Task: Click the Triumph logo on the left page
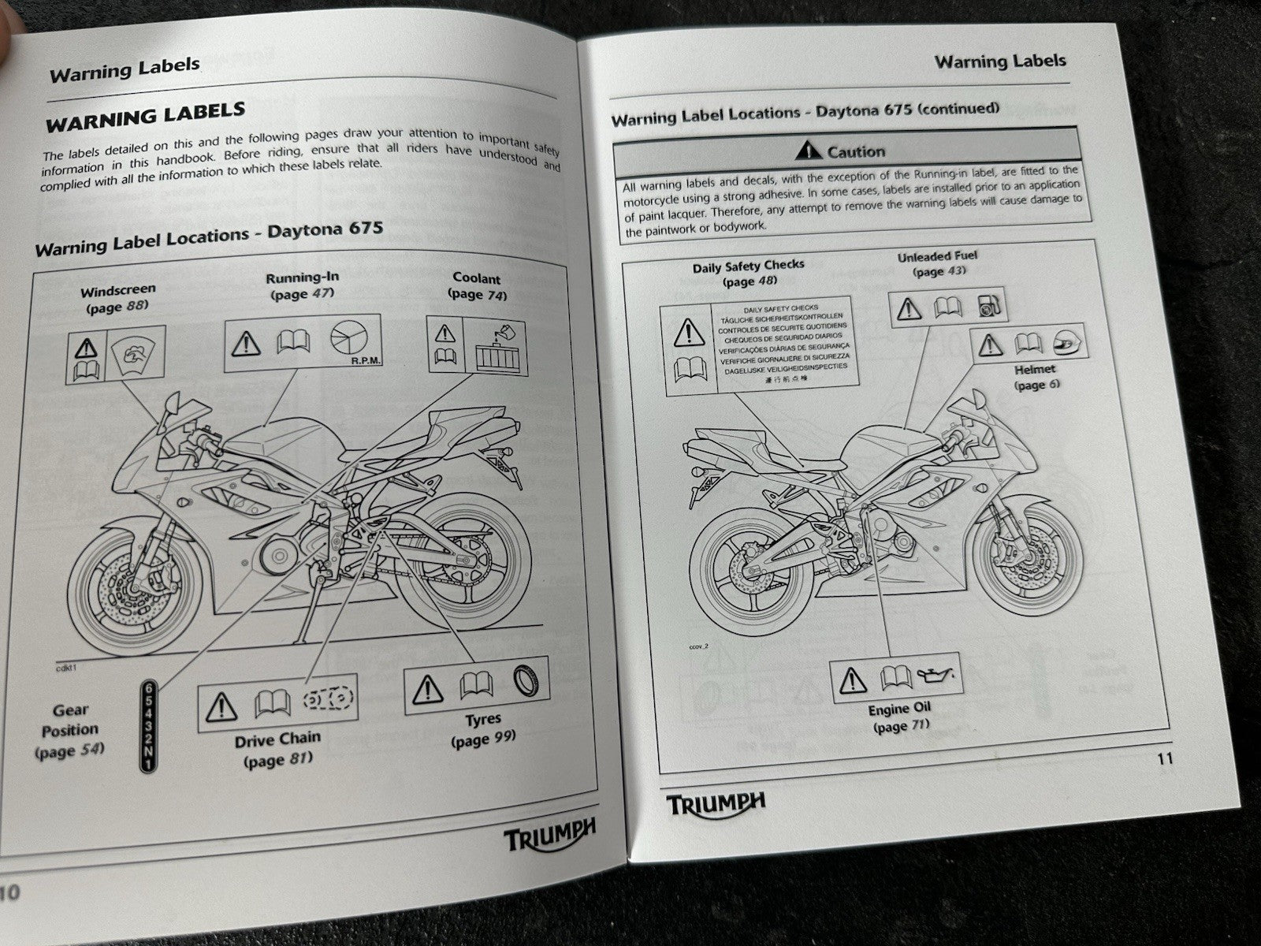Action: (550, 832)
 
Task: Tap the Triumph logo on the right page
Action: (716, 804)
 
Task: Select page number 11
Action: (1166, 758)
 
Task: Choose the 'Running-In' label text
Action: (302, 278)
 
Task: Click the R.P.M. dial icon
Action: (351, 341)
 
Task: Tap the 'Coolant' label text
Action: (476, 278)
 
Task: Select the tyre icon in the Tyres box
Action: (528, 680)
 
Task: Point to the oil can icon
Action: (939, 675)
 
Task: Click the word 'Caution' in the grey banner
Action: (856, 152)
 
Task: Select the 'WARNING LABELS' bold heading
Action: (146, 117)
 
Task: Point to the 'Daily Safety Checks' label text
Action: (748, 266)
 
